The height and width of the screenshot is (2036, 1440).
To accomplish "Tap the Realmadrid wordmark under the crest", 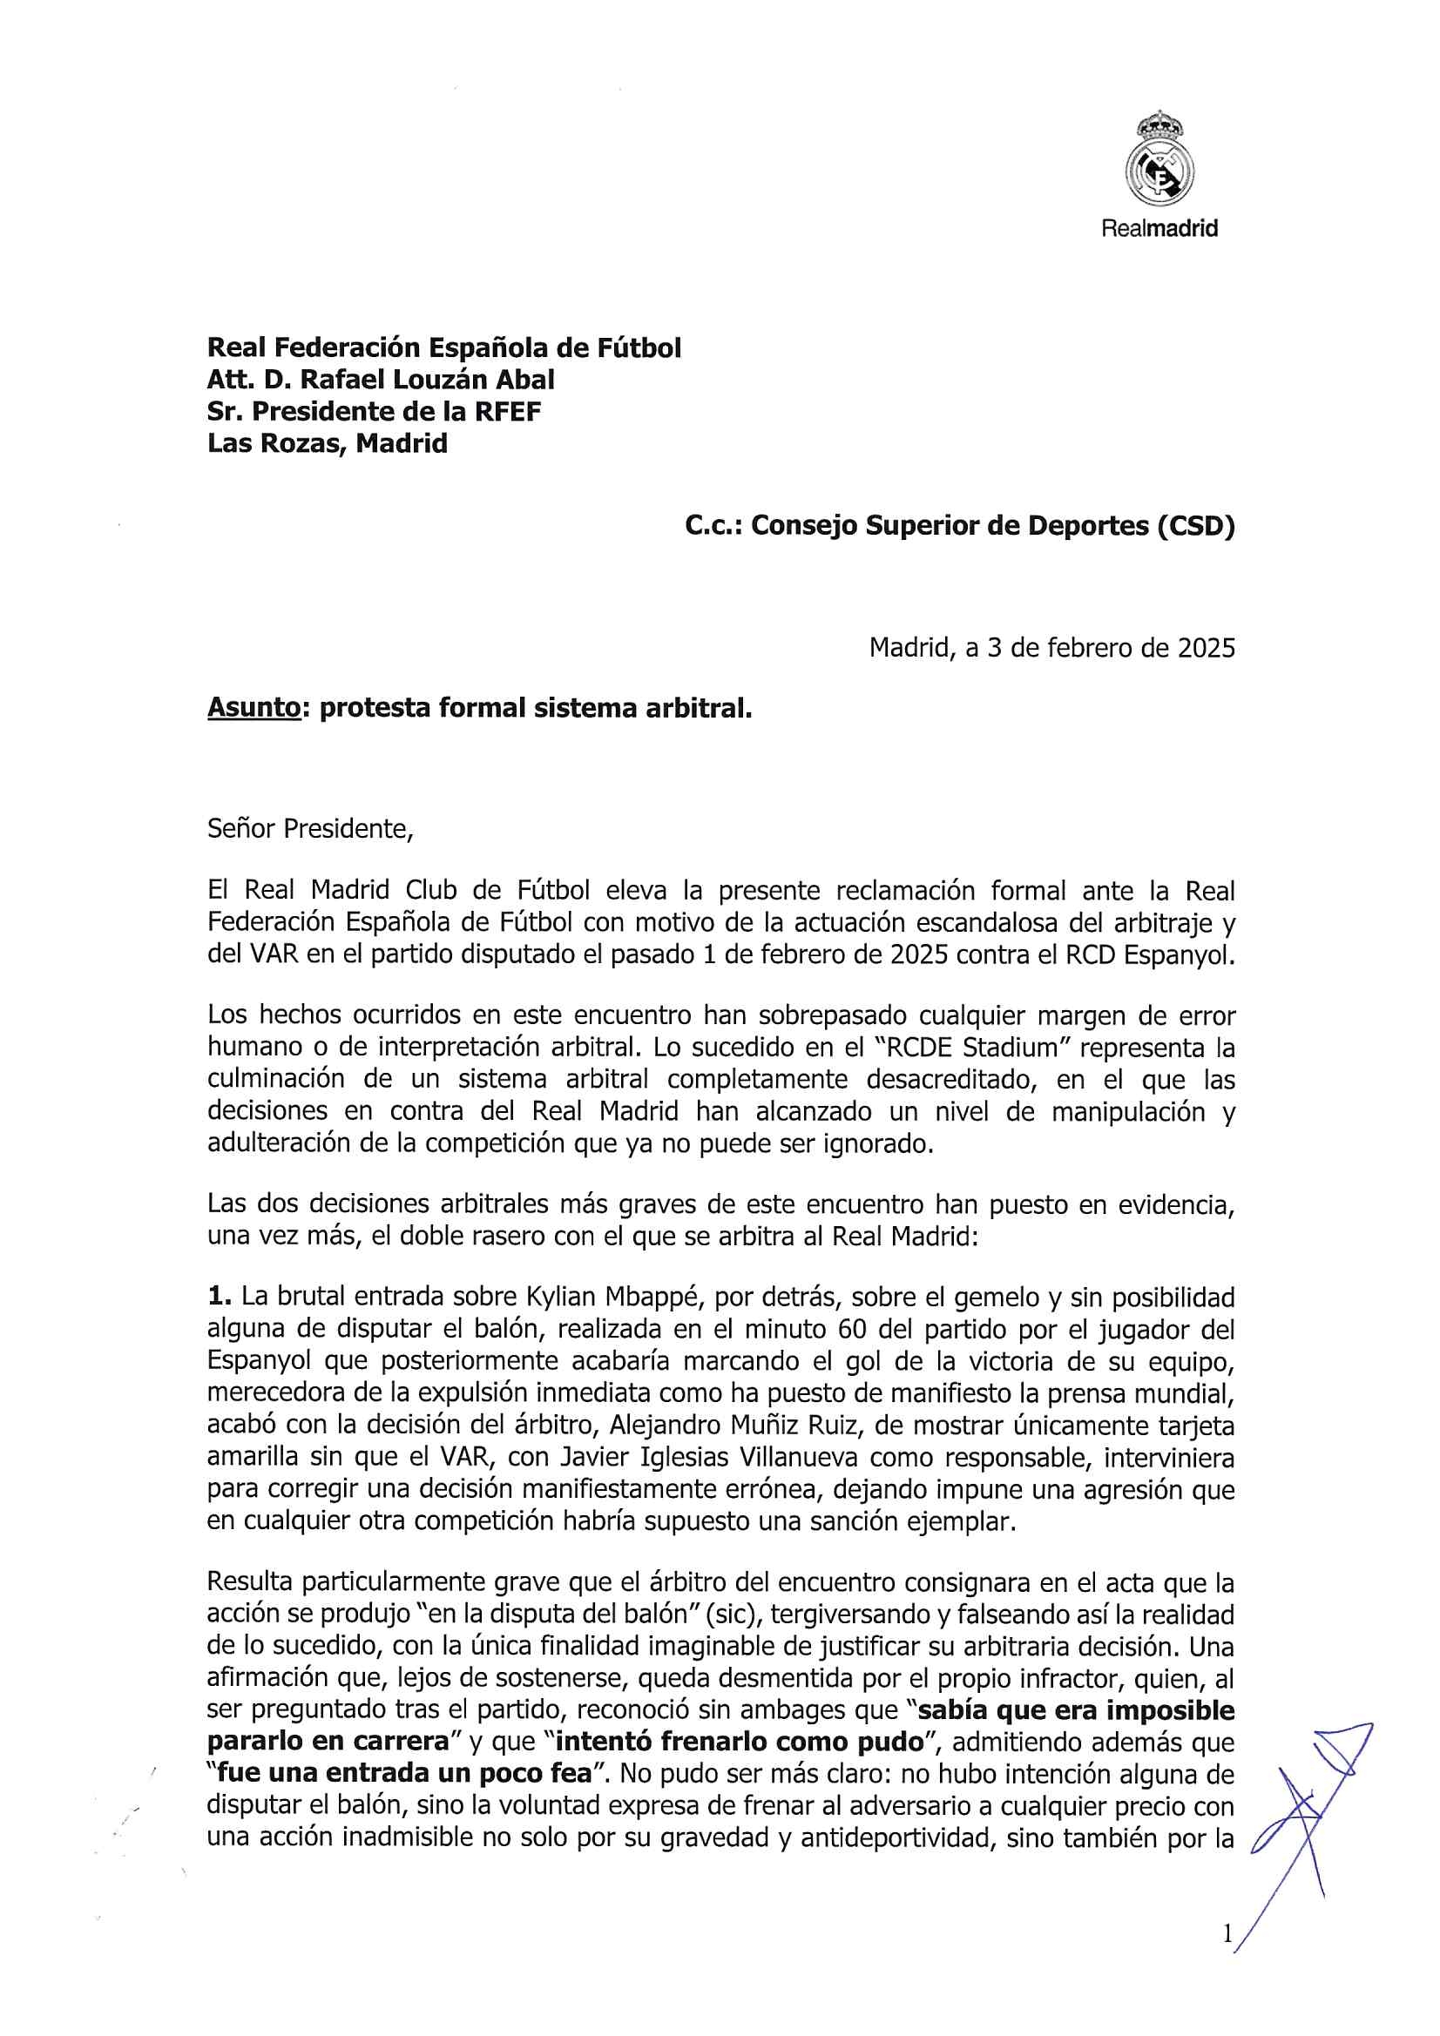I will [x=1159, y=228].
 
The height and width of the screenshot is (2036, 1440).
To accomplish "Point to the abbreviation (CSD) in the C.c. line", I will [x=1195, y=526].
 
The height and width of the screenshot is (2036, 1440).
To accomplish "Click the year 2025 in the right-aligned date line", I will [x=1206, y=647].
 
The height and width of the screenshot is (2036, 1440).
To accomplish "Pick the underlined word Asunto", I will [x=254, y=708].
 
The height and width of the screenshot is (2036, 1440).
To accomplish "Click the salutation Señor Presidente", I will [x=309, y=828].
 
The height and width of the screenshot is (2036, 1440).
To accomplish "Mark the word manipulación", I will [x=1129, y=1111].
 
